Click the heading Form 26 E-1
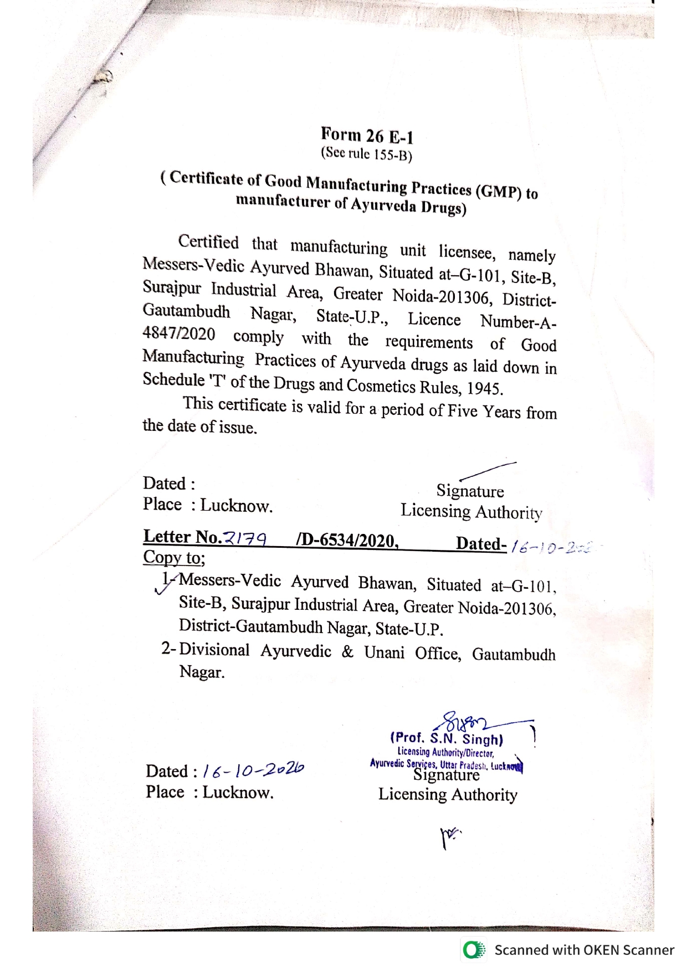click(367, 135)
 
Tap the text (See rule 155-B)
click(367, 153)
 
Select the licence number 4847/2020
click(178, 333)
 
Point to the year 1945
click(484, 388)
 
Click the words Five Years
click(484, 411)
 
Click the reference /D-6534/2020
click(347, 541)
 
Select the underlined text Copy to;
click(174, 557)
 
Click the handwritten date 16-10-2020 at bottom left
click(253, 770)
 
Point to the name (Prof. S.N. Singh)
click(447, 738)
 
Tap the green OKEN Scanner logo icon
click(474, 950)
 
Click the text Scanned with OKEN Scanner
click(584, 950)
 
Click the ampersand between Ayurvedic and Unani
click(347, 651)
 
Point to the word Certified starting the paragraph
click(208, 242)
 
